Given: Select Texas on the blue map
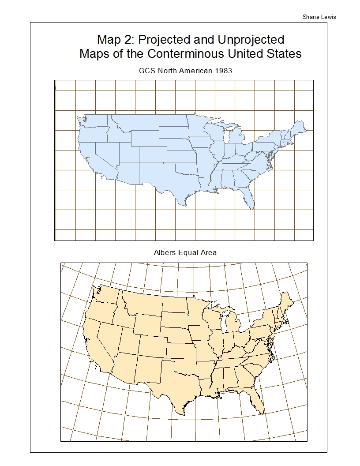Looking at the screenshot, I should point(172,185).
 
